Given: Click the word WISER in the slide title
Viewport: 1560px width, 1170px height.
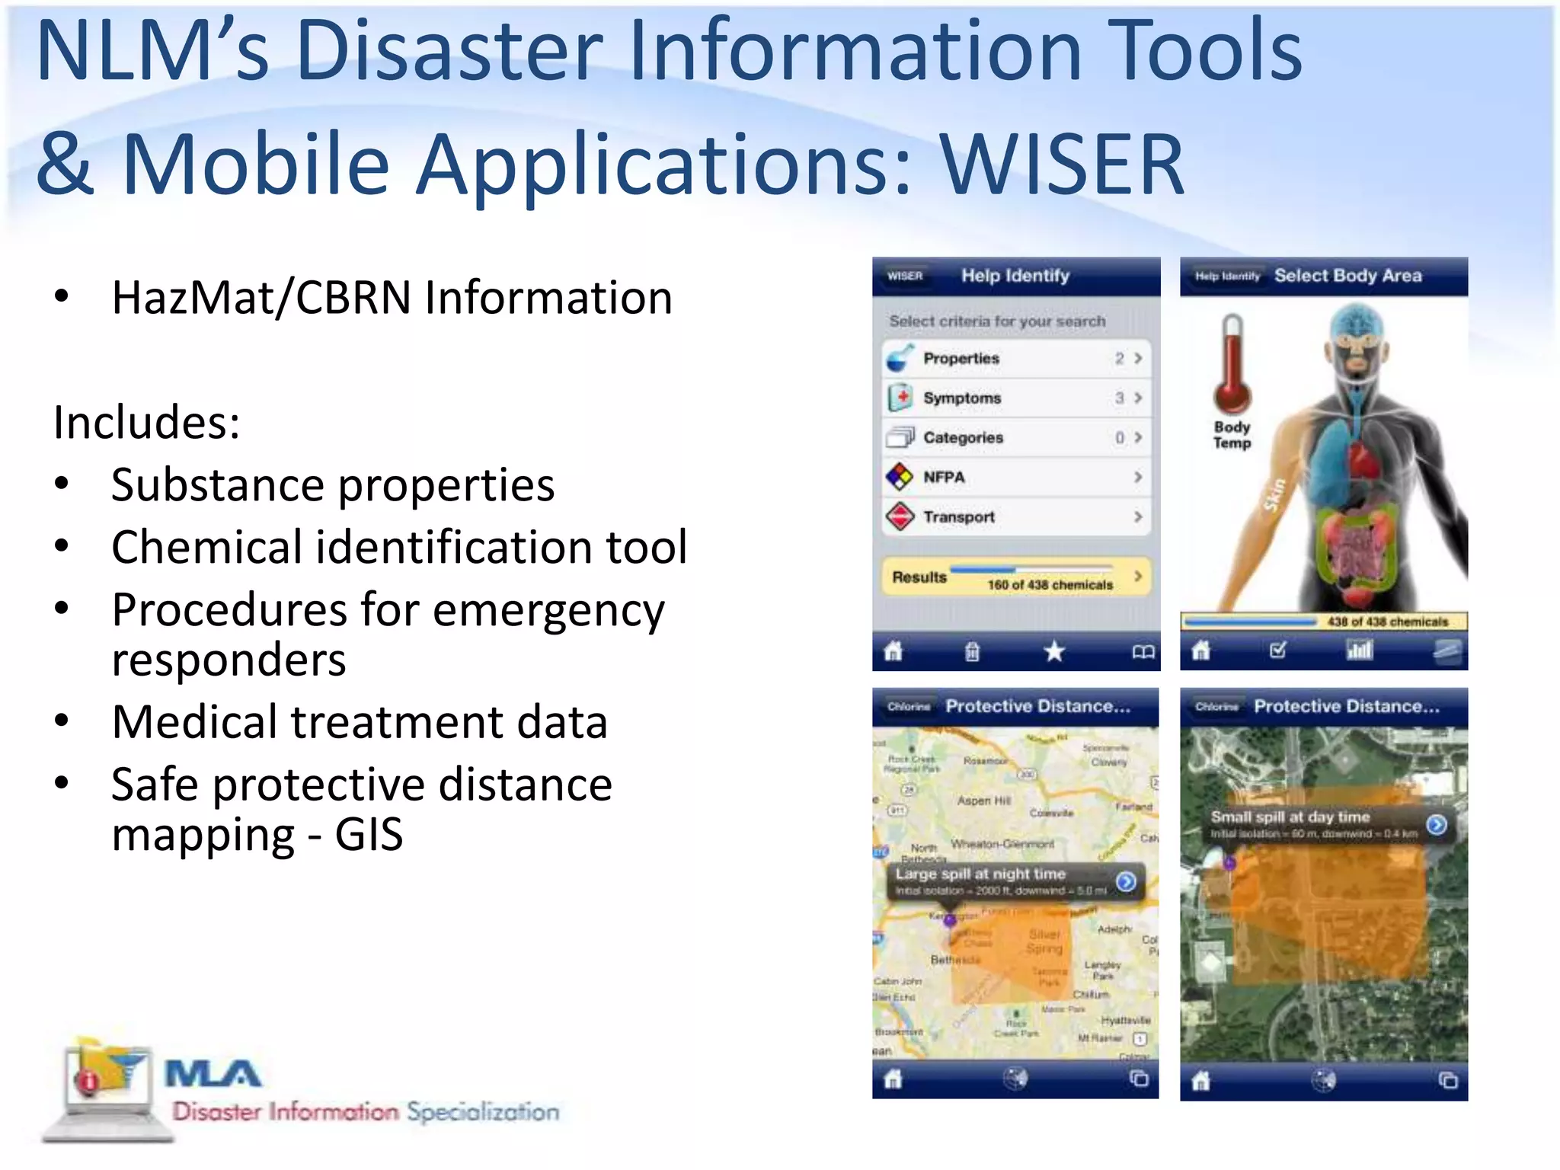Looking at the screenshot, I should pyautogui.click(x=1062, y=163).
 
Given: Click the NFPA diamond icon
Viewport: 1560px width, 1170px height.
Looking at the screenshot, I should pyautogui.click(x=900, y=477).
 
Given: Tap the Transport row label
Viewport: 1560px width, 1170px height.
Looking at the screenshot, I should pyautogui.click(x=959, y=516).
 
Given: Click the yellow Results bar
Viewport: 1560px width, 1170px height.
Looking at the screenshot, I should pyautogui.click(x=1016, y=577).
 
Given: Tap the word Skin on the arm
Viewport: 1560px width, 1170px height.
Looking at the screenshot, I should pyautogui.click(x=1275, y=495).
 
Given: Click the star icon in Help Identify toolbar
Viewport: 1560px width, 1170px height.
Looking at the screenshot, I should pyautogui.click(x=1054, y=651).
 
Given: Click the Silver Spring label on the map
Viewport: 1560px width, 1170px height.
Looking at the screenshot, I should pyautogui.click(x=1044, y=941).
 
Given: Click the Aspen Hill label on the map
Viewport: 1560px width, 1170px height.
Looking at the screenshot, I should pyautogui.click(x=984, y=801).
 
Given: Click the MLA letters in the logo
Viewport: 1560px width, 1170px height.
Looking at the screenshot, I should pyautogui.click(x=213, y=1075).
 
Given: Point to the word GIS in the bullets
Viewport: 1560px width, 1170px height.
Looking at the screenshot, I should pyautogui.click(x=369, y=835).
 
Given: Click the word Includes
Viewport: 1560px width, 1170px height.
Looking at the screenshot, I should pyautogui.click(x=146, y=422).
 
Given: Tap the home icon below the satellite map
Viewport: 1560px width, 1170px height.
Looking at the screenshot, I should pyautogui.click(x=1201, y=1080).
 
